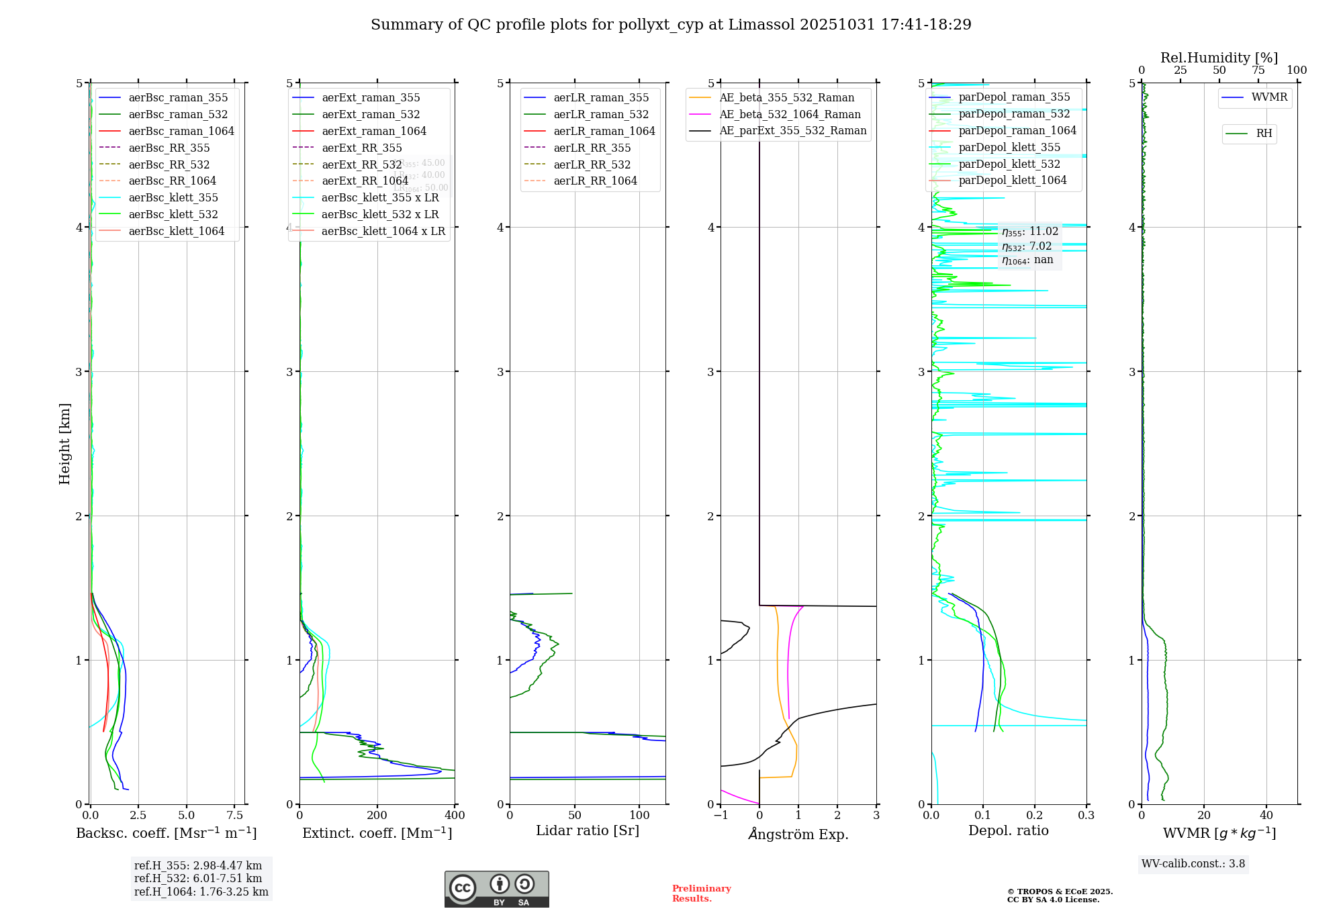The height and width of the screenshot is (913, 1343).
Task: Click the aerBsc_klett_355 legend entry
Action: [173, 197]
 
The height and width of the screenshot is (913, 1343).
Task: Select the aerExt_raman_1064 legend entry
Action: [374, 131]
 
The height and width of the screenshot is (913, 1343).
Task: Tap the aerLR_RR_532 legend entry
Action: [592, 164]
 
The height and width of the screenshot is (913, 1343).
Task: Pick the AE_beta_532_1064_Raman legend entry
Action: [790, 114]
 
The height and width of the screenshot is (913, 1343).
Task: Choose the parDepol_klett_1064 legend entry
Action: [1012, 180]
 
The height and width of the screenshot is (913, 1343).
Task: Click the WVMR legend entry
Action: [1269, 97]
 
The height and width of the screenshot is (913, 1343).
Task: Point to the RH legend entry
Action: [1264, 134]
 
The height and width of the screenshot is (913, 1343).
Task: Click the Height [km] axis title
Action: [64, 444]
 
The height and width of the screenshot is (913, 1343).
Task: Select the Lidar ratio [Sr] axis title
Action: [588, 830]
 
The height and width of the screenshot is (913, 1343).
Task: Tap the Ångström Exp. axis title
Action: [798, 834]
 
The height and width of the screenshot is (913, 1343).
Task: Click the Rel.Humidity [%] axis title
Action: [1219, 58]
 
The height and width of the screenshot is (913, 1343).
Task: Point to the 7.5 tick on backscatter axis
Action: [234, 815]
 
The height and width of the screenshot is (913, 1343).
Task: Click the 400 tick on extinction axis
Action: [455, 815]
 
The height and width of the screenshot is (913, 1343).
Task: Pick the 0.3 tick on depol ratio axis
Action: [1086, 815]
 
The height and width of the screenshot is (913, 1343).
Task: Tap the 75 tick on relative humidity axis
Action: [1258, 70]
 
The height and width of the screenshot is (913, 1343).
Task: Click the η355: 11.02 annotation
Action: [1029, 232]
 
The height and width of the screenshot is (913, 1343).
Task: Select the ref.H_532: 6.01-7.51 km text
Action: [197, 878]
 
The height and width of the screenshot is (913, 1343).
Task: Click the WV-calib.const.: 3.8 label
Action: [1193, 863]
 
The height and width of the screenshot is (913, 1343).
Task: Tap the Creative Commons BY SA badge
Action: [496, 889]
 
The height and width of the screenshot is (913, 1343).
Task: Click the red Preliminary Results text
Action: [701, 893]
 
